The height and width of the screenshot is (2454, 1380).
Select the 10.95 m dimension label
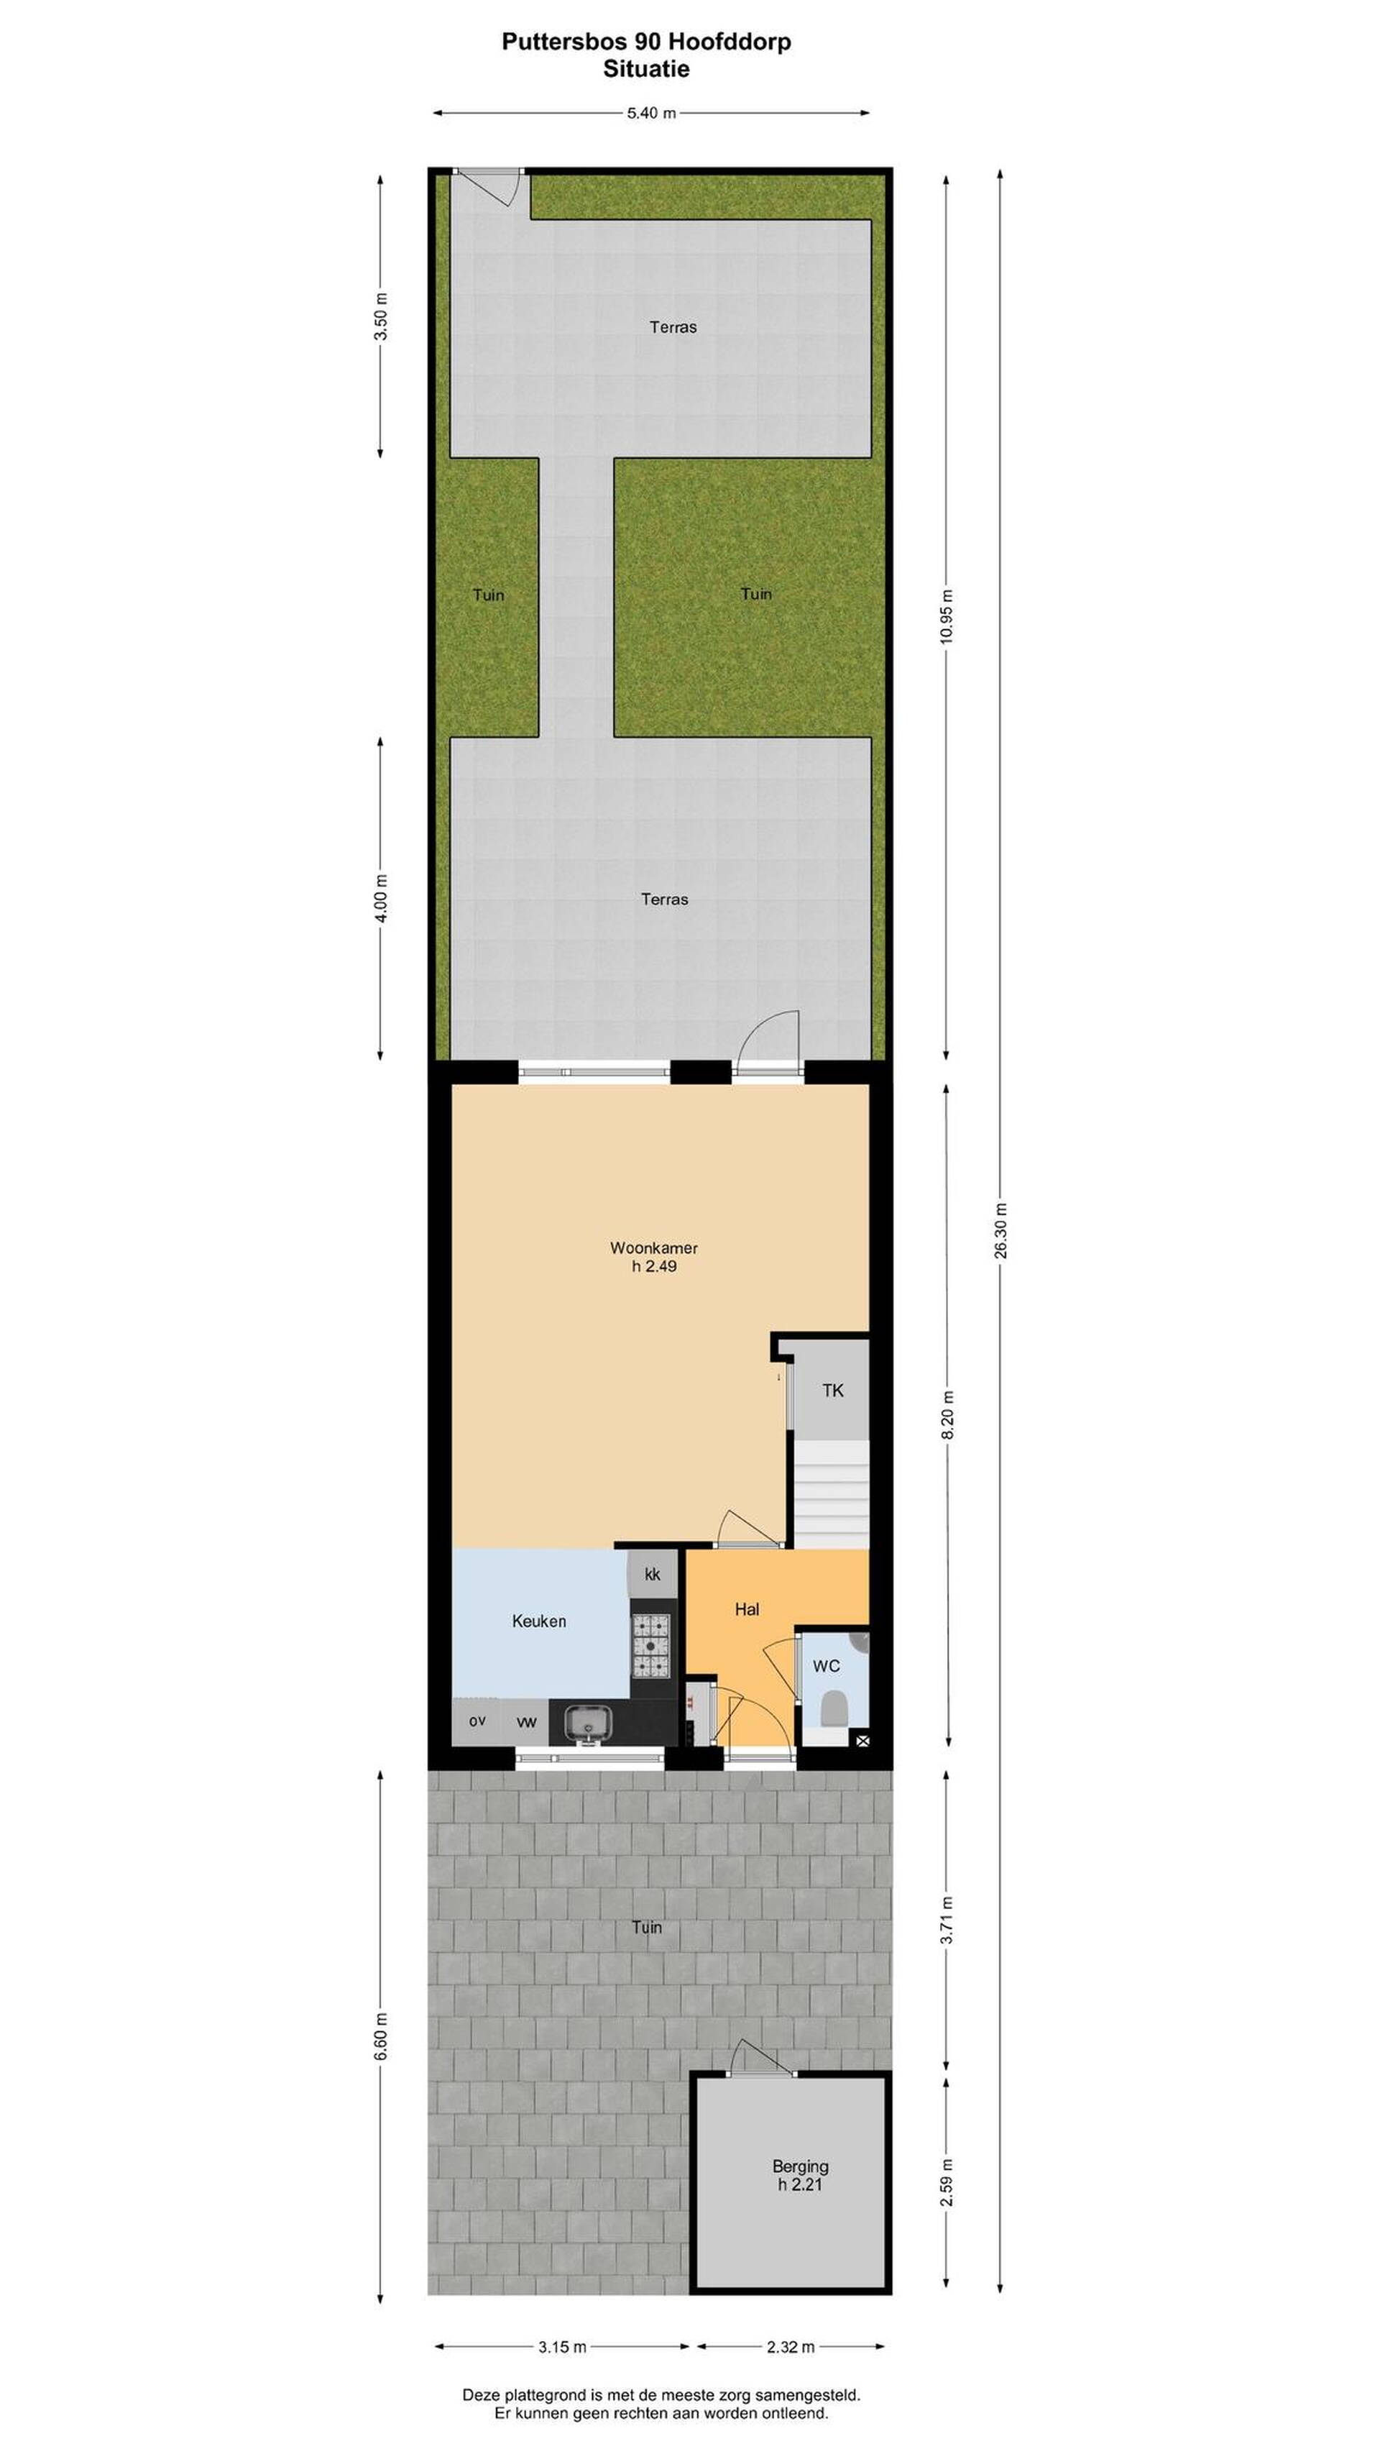point(946,616)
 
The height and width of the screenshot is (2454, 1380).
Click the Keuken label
point(539,1621)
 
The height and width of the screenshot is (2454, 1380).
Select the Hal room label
point(747,1609)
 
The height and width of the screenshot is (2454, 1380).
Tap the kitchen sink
point(589,1721)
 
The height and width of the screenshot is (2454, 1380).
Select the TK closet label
point(832,1390)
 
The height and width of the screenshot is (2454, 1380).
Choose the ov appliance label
point(477,1721)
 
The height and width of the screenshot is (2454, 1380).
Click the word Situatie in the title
point(645,68)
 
